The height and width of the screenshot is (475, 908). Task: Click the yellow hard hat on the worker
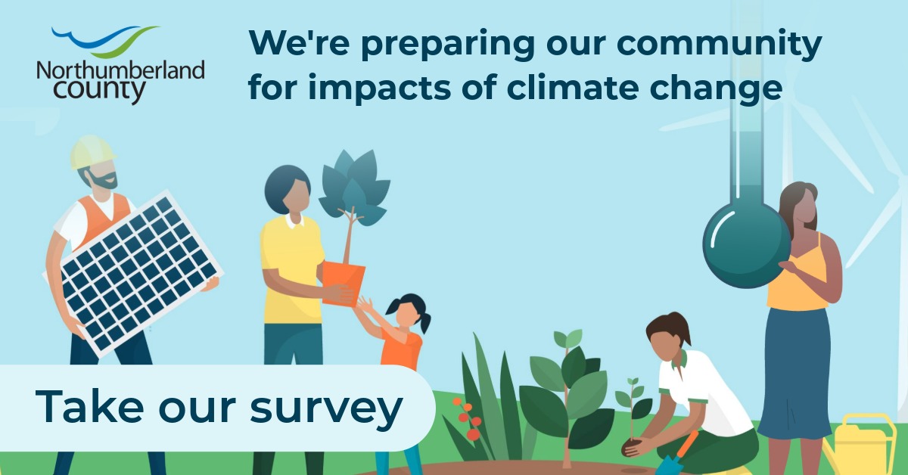tap(92, 152)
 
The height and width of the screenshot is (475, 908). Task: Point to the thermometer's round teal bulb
tap(747, 245)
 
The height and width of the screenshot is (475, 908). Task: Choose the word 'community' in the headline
tap(719, 45)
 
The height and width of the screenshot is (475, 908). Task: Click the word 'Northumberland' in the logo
tap(121, 71)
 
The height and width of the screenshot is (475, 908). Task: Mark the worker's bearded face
tap(102, 176)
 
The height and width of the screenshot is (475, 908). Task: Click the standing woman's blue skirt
tap(794, 373)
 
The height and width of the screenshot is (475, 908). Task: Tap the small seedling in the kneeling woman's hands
tap(633, 409)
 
